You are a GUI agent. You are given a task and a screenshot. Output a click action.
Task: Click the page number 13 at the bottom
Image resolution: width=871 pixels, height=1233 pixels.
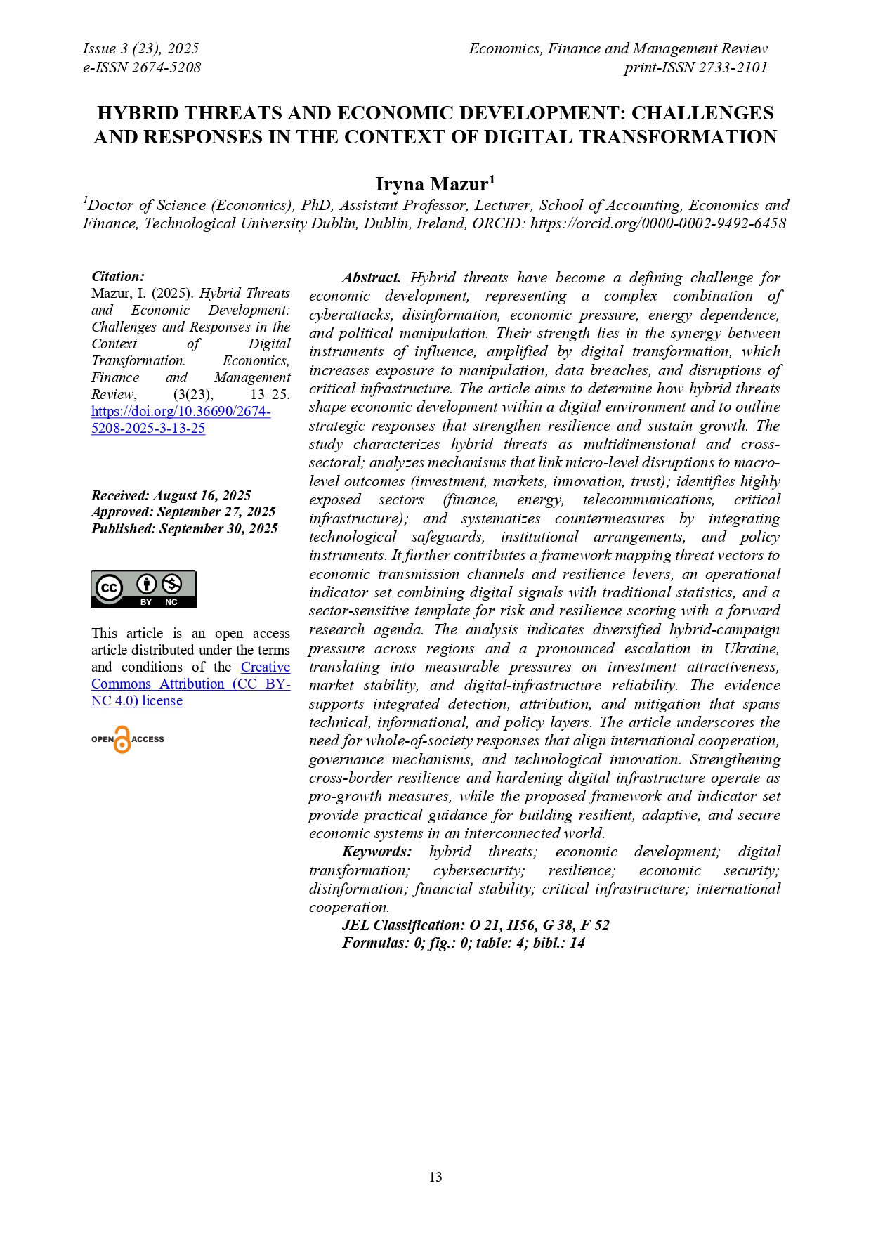pyautogui.click(x=435, y=1177)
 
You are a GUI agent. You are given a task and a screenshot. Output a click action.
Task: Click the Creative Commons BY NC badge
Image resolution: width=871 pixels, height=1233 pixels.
pyautogui.click(x=143, y=589)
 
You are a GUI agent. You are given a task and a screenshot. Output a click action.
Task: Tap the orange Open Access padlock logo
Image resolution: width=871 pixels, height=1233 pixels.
pyautogui.click(x=122, y=740)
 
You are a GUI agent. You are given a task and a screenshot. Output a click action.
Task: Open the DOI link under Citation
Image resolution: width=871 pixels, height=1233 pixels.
pyautogui.click(x=181, y=419)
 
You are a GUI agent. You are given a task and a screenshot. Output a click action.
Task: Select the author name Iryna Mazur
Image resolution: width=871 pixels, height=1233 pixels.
pyautogui.click(x=435, y=184)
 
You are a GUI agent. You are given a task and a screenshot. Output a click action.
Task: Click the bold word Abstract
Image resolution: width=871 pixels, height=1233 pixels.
pyautogui.click(x=371, y=278)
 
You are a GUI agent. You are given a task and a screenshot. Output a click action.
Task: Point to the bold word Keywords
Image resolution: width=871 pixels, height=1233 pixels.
pyautogui.click(x=376, y=852)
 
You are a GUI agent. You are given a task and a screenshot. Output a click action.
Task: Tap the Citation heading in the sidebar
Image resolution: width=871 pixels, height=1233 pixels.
pyautogui.click(x=118, y=276)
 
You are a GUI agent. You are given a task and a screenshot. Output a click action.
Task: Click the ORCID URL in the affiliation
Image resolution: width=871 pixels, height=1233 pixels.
pyautogui.click(x=657, y=223)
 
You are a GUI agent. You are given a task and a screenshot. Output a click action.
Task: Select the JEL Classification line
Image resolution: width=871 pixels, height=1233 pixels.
pyautogui.click(x=476, y=925)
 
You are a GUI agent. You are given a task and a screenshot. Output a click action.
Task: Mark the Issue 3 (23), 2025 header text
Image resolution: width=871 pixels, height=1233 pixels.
pyautogui.click(x=140, y=48)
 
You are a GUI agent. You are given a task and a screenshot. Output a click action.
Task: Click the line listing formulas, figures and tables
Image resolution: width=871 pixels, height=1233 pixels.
pyautogui.click(x=463, y=943)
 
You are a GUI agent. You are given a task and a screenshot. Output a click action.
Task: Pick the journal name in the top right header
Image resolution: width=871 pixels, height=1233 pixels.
pyautogui.click(x=617, y=48)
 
